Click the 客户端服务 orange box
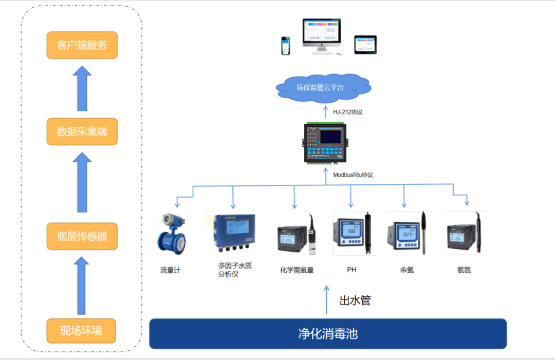point(82,45)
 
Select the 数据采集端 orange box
point(82,131)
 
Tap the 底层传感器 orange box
point(82,236)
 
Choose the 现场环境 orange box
point(81,331)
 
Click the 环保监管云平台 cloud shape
point(323,88)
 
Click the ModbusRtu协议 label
point(353,175)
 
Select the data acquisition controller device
point(326,142)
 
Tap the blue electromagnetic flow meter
point(171,234)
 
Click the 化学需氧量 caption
point(297,270)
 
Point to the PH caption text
point(351,269)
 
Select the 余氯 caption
point(407,270)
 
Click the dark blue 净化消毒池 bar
point(328,334)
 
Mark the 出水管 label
point(355,300)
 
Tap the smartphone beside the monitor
point(286,46)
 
